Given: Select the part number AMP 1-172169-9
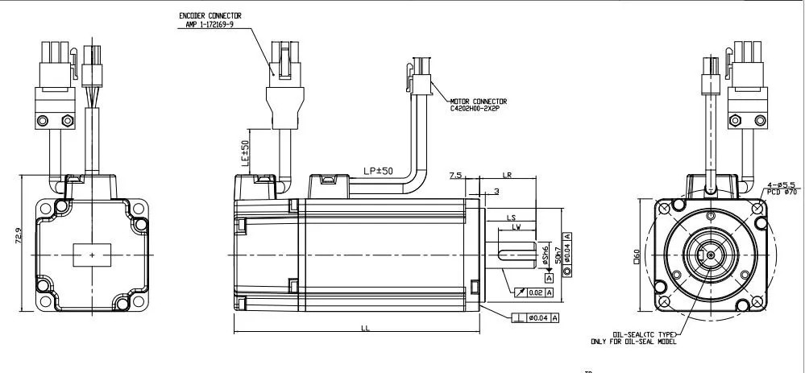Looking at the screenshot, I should point(205,23).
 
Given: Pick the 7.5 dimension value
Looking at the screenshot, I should point(456,175).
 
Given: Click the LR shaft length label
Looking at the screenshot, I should point(508,175).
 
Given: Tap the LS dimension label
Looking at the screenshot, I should point(511,218).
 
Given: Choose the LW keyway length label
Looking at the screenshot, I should point(516,227).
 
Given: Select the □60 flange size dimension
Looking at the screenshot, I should point(637,256).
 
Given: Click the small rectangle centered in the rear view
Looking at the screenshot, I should point(93,255).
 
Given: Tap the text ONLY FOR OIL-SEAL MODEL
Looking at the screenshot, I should point(633,342).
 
